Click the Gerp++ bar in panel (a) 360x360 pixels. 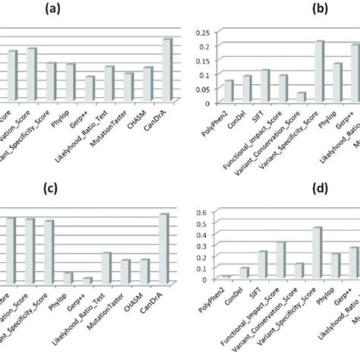tap(90, 88)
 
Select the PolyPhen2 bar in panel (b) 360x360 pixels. tap(228, 91)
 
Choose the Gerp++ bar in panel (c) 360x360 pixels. tap(87, 280)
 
